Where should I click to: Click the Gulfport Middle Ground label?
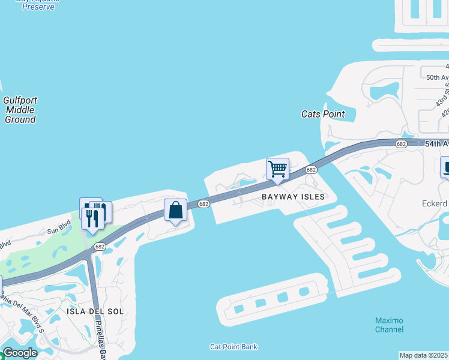tap(20, 110)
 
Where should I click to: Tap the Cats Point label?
tap(323, 114)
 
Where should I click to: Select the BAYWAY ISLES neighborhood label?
tap(293, 197)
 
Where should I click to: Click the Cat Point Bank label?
tap(234, 347)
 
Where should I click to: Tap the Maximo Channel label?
tap(389, 325)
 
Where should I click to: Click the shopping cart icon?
tap(277, 169)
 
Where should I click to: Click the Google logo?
tap(20, 353)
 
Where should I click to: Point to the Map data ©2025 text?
tap(424, 355)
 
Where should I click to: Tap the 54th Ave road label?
tap(436, 144)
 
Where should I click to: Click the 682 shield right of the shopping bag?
tap(204, 205)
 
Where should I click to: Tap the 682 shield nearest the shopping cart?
tap(310, 170)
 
